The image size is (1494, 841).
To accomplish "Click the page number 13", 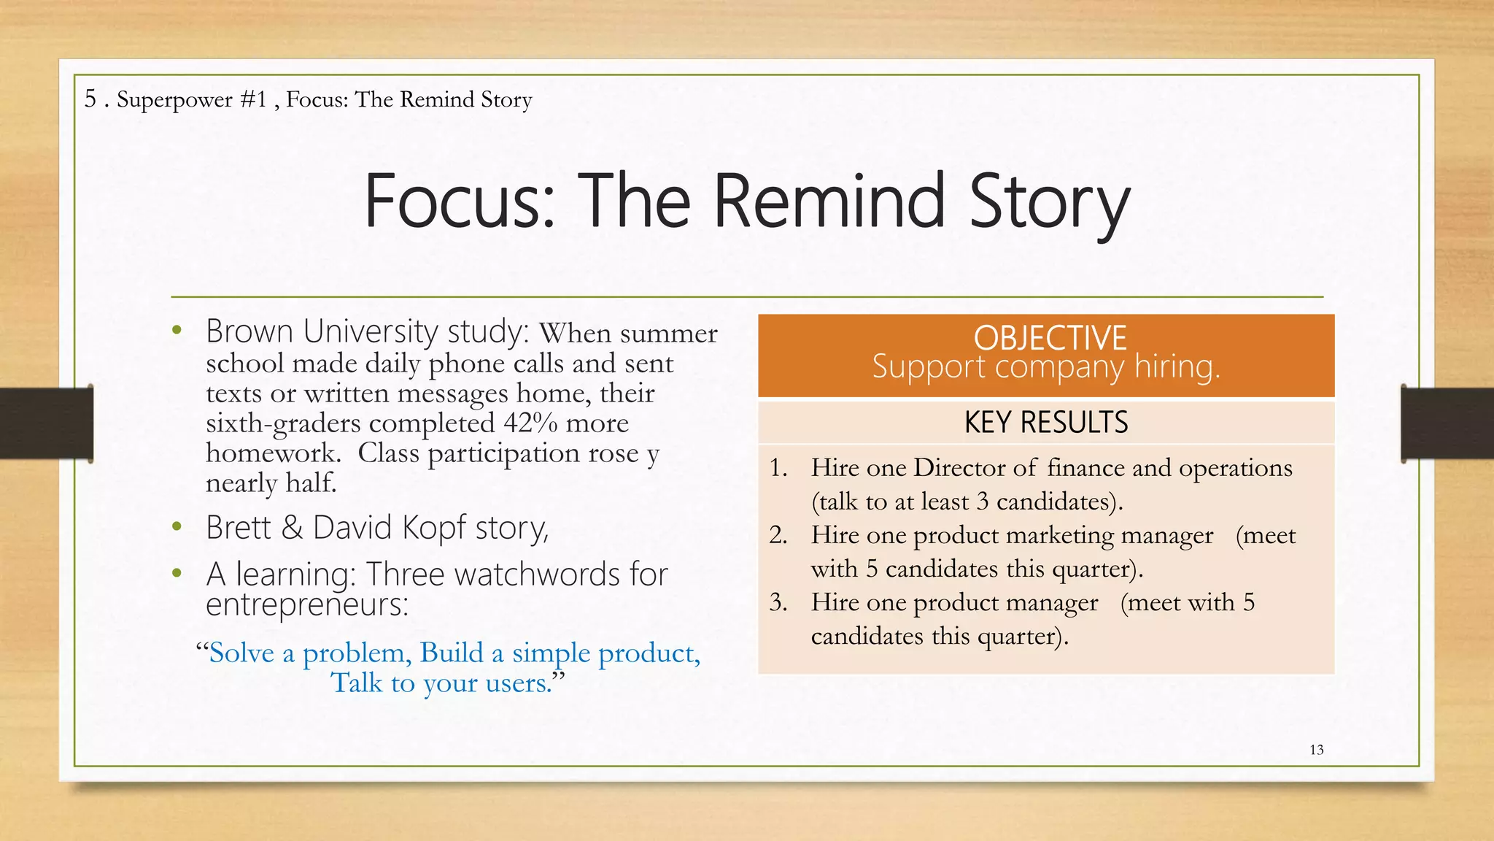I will pyautogui.click(x=1317, y=750).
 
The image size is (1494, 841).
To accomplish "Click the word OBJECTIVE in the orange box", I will pyautogui.click(x=1050, y=338).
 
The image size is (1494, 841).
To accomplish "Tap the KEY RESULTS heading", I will pyautogui.click(x=1046, y=423).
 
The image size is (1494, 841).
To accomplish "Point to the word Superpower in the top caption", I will pyautogui.click(x=174, y=99).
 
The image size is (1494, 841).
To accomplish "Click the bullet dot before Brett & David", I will pyautogui.click(x=177, y=527).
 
